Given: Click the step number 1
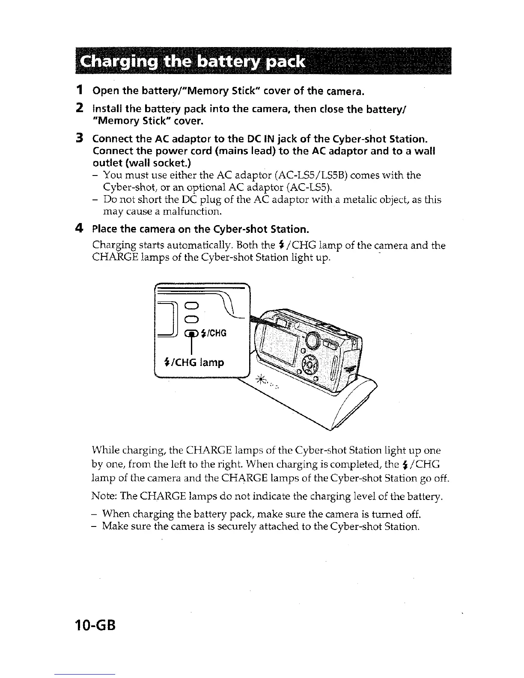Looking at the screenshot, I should pyautogui.click(x=79, y=91).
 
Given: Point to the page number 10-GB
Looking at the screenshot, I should pyautogui.click(x=89, y=630).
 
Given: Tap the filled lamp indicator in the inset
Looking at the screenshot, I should pyautogui.click(x=191, y=334).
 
